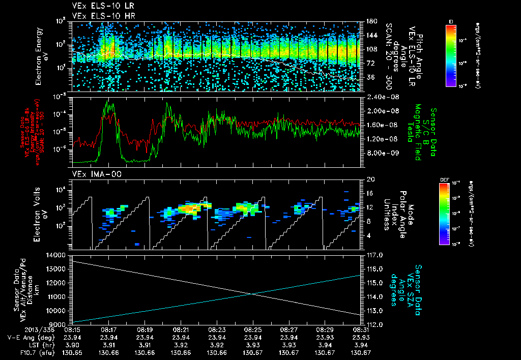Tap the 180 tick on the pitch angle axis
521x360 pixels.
pos(367,21)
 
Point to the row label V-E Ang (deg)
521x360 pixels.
pos(34,337)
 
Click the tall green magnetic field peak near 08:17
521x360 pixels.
pos(108,104)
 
